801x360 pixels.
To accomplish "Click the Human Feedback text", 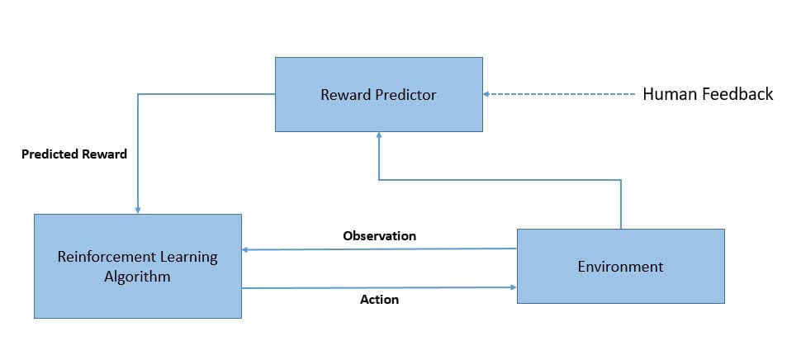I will [x=708, y=94].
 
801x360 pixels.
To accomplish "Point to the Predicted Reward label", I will [x=74, y=154].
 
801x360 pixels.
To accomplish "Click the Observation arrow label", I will [x=379, y=236].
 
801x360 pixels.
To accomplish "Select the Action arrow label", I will [x=379, y=300].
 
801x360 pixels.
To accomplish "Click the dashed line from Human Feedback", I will [x=562, y=94].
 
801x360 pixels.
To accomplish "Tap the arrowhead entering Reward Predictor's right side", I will [x=487, y=94].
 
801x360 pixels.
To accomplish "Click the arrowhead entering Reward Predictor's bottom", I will [x=378, y=135].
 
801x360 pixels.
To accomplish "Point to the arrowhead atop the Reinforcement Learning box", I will [x=137, y=210].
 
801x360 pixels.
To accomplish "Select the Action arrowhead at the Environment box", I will [x=513, y=287].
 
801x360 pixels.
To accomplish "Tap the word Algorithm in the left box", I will [x=137, y=277].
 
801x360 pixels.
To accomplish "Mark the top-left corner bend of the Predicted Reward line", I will [x=137, y=94].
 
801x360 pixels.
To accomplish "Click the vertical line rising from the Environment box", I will [x=620, y=205].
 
